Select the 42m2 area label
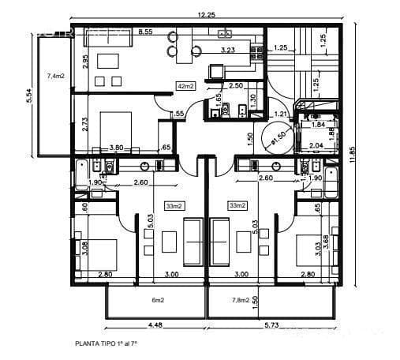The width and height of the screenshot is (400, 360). point(186,85)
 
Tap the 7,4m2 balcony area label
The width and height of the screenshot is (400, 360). point(56,76)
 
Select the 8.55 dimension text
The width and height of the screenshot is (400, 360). point(145,32)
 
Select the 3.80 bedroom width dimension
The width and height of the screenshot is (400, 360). point(116,147)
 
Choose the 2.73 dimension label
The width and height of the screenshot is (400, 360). point(85,122)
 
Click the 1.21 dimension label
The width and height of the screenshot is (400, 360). point(279,114)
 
